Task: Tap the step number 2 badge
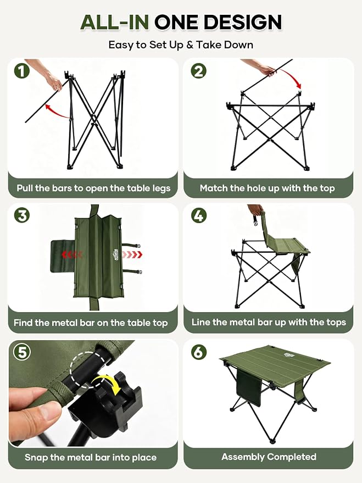point(198,71)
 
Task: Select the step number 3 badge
point(22,215)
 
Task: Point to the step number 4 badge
point(198,215)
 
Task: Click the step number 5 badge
point(22,352)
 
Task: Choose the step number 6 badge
point(198,352)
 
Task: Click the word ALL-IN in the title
point(114,22)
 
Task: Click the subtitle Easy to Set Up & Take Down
point(181,45)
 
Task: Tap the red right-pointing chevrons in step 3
point(132,255)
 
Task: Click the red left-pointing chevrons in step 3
point(72,254)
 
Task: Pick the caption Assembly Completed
point(269,457)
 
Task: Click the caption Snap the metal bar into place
point(91,457)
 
